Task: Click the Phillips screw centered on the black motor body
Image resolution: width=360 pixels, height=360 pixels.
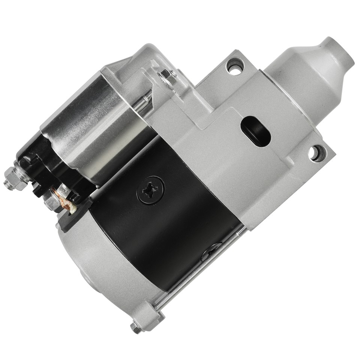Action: click(x=150, y=190)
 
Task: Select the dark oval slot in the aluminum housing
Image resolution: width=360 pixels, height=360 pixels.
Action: click(x=256, y=131)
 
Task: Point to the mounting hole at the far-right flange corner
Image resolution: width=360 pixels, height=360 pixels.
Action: click(x=317, y=153)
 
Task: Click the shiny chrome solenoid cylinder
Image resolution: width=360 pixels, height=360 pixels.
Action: click(x=94, y=124)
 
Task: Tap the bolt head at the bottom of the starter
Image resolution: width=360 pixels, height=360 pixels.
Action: click(x=136, y=327)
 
